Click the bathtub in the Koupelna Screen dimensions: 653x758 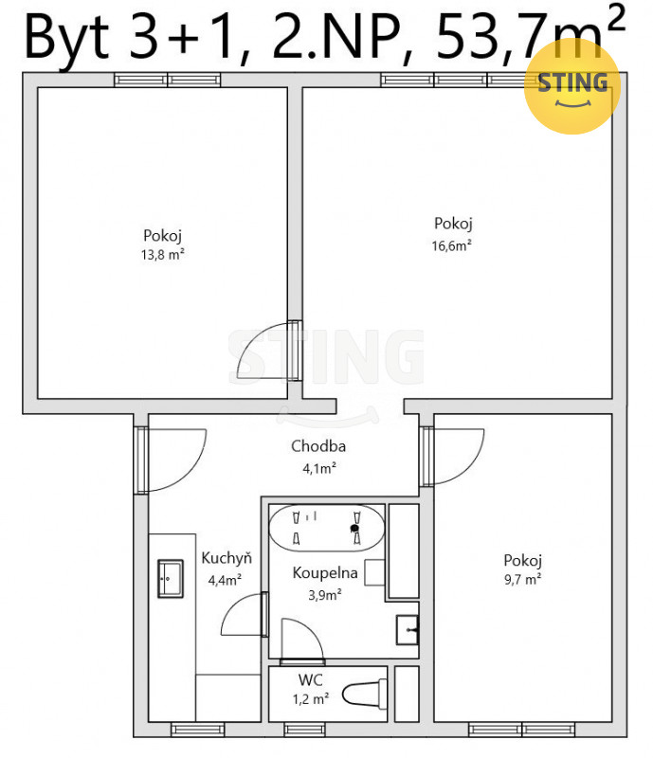[x=326, y=529]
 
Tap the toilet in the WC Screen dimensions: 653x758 [x=365, y=695]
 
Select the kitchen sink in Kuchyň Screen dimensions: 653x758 [x=171, y=579]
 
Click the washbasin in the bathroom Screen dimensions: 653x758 [x=408, y=630]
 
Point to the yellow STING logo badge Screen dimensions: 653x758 [x=572, y=86]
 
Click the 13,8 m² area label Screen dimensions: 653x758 [x=162, y=254]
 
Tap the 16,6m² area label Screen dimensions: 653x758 [x=451, y=245]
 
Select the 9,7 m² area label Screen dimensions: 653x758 [x=522, y=579]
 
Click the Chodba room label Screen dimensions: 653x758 [x=318, y=445]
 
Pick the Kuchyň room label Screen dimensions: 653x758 [x=227, y=558]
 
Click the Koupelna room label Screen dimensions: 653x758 [x=325, y=573]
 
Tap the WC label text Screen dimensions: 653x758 [x=310, y=679]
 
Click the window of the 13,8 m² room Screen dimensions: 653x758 [x=168, y=80]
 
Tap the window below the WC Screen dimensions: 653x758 [x=304, y=730]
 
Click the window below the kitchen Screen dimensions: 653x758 [x=198, y=730]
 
